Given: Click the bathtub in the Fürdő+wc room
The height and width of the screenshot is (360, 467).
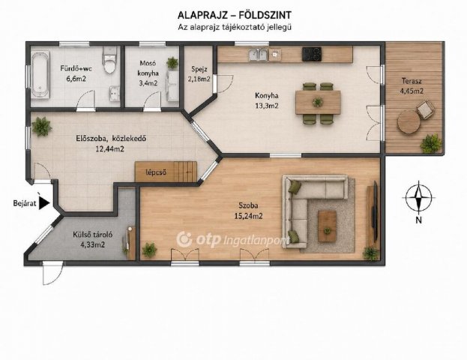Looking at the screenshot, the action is coord(40,74).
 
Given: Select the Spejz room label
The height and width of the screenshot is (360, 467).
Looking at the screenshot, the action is coord(199,69).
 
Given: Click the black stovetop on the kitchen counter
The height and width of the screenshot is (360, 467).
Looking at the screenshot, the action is coord(312,54).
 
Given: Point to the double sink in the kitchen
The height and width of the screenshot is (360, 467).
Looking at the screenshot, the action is coord(258,55).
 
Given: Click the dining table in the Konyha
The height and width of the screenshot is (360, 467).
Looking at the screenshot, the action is coord(318,103).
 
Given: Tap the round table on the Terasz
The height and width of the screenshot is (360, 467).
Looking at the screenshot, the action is coord(409,122).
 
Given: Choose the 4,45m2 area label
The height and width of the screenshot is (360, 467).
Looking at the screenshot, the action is coord(412,91).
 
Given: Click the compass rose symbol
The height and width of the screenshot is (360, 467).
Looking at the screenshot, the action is coord(419,197).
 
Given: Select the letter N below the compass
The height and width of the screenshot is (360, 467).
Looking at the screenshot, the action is coord(419,220).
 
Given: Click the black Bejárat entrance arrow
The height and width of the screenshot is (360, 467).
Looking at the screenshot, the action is coord(45,203).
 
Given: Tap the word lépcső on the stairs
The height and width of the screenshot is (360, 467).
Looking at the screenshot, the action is coord(156,172).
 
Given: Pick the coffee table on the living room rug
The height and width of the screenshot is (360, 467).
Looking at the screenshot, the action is coord(327,226).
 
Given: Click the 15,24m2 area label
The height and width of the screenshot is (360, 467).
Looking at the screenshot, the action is coord(248,216).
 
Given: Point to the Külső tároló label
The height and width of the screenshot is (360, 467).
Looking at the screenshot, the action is coord(93,235).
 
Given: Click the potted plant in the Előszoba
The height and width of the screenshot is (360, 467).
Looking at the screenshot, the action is coord(42,127).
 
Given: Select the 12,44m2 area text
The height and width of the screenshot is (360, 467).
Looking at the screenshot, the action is coord(109,149).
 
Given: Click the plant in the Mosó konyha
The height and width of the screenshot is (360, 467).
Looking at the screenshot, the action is coord(172,63).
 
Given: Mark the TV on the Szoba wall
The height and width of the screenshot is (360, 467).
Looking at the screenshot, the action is coord(376,211).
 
